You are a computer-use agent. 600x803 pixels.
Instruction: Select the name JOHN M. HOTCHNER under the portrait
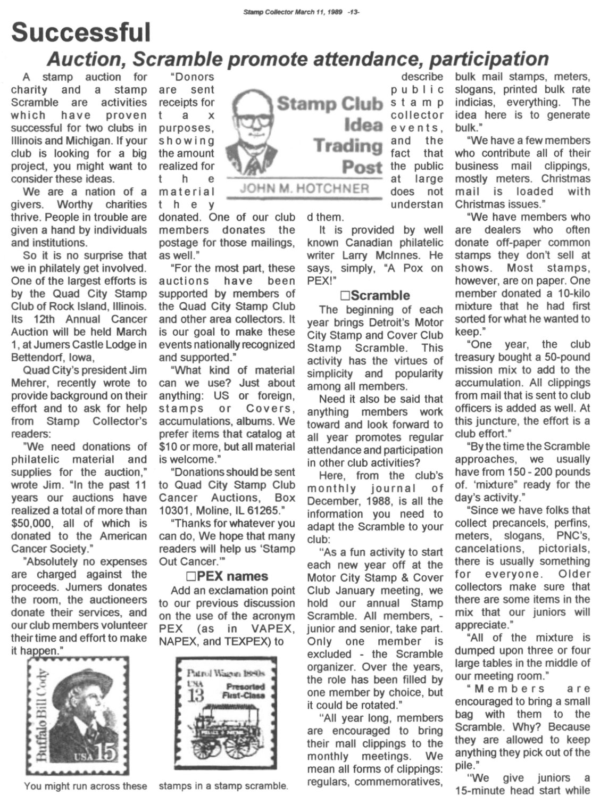305,188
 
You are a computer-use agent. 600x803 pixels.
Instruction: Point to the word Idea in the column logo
363,125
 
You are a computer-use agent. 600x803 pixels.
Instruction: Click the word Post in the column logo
362,167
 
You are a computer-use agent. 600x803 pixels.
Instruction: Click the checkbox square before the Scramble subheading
344,296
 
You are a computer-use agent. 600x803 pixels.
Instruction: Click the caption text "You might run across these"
85,785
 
